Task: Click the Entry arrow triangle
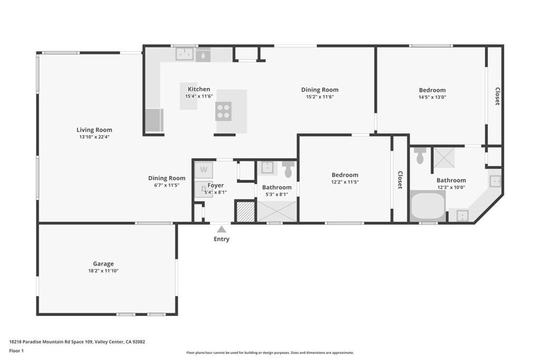[221, 229]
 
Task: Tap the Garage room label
[103, 263]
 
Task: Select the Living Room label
[94, 130]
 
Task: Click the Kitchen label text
[199, 89]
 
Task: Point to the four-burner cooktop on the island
[224, 112]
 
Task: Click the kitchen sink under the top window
[185, 55]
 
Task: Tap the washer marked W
[204, 170]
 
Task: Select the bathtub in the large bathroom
[428, 206]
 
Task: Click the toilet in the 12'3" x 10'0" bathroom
[420, 155]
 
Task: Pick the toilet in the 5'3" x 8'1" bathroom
[288, 169]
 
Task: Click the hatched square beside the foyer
[245, 212]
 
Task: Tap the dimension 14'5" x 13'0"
[432, 97]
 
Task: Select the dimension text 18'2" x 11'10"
[103, 271]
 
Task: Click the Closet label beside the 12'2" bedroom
[400, 180]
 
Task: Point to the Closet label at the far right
[497, 97]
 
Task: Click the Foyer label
[215, 185]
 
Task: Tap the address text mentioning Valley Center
[77, 342]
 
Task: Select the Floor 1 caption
[17, 351]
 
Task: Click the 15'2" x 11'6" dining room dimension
[320, 97]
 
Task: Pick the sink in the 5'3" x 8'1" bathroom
[267, 168]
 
